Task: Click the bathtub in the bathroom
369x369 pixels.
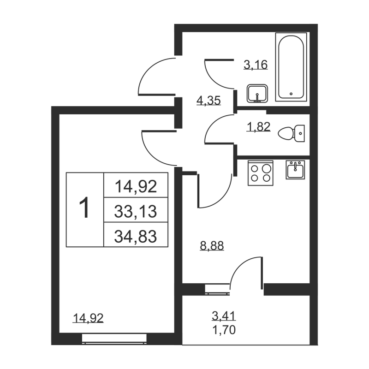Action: [x=291, y=66]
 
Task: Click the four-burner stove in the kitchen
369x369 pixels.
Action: [x=260, y=173]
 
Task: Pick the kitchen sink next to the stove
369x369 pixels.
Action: [x=295, y=170]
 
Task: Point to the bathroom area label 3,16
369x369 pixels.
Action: [x=256, y=65]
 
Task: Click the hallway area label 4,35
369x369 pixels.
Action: [x=208, y=100]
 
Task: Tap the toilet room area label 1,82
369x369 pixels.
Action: [x=259, y=127]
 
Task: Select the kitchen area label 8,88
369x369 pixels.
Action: [x=212, y=246]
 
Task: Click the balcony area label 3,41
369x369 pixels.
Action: [x=223, y=316]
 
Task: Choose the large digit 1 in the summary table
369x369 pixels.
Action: [x=85, y=209]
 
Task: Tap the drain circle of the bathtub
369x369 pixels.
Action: [x=291, y=93]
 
